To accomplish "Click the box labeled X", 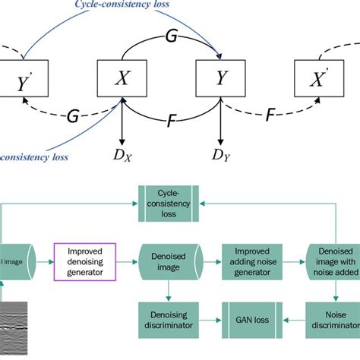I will tap(122, 78).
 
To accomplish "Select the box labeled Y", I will tap(220, 78).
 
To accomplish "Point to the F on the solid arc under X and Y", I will tap(172, 120).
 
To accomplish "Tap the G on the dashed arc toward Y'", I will tap(73, 116).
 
